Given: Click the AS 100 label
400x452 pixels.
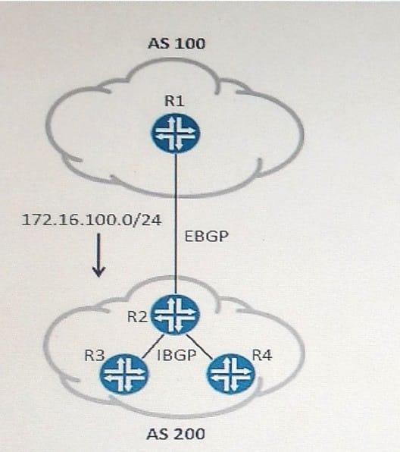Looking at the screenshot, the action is [x=177, y=44].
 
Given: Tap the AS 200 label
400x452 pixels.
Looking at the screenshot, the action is [x=176, y=434].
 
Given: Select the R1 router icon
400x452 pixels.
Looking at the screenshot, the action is [x=176, y=133].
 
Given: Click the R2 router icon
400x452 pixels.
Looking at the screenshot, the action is [x=176, y=314].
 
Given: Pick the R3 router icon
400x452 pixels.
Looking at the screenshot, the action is [x=124, y=374].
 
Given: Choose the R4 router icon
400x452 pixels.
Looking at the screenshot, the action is [x=231, y=374].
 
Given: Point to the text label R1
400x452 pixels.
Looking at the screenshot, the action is [x=174, y=101].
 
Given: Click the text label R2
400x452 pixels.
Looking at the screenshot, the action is [x=137, y=316].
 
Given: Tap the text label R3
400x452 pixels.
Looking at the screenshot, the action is [x=95, y=355].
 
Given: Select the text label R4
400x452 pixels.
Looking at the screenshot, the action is [x=262, y=355].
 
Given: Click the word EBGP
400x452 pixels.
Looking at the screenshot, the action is [x=207, y=236].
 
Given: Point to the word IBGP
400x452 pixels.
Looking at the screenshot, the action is [x=177, y=355].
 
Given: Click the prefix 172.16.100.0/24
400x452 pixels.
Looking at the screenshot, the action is [x=92, y=220].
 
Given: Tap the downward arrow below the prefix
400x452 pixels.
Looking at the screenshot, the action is [x=98, y=255].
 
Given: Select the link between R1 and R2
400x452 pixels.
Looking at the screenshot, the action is [x=176, y=224].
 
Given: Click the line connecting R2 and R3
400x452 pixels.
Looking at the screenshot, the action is [x=153, y=347].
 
